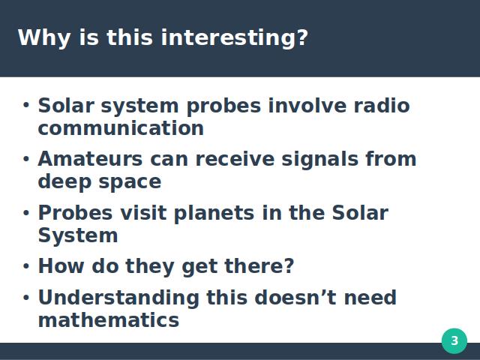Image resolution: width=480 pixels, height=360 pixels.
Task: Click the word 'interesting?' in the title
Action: point(234,38)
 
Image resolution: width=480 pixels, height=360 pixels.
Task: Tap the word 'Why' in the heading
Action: point(44,38)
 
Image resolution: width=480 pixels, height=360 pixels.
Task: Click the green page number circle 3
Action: point(454,340)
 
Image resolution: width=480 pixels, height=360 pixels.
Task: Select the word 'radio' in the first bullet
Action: point(382,106)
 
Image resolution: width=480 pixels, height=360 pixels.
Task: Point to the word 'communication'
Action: point(121,128)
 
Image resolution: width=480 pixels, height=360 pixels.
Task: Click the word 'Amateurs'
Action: point(90,159)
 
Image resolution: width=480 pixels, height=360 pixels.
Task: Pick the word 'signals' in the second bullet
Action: point(320,160)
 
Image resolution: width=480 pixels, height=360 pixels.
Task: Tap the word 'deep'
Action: point(64,181)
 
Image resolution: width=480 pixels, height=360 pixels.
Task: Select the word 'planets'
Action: point(214,213)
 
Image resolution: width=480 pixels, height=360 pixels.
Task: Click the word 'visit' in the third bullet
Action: point(143,212)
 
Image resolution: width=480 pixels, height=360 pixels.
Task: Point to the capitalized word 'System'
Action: point(78,236)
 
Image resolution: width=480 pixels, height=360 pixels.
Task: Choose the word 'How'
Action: point(61,265)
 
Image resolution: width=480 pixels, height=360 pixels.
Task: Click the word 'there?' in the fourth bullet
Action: point(259,265)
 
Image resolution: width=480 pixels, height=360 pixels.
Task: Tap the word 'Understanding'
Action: point(118,298)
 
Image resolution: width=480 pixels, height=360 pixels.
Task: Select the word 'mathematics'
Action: point(109,320)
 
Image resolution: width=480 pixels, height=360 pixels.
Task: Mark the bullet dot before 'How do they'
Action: point(26,266)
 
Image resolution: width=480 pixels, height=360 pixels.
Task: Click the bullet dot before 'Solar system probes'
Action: point(26,105)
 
